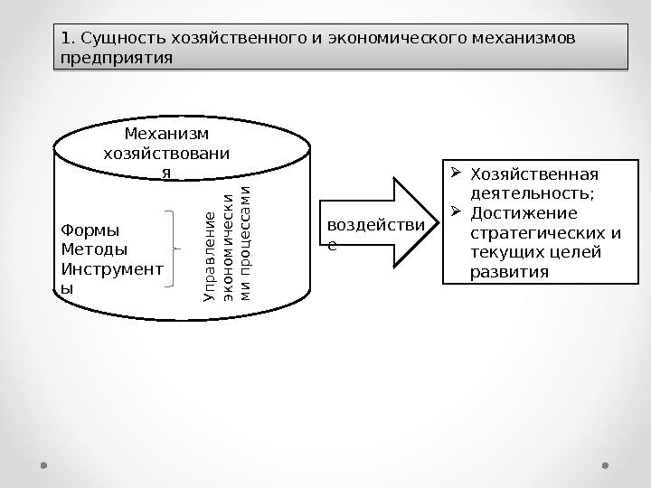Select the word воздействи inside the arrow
pos(366,224)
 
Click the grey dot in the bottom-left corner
pos(43,466)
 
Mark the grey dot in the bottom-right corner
pos(606,466)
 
